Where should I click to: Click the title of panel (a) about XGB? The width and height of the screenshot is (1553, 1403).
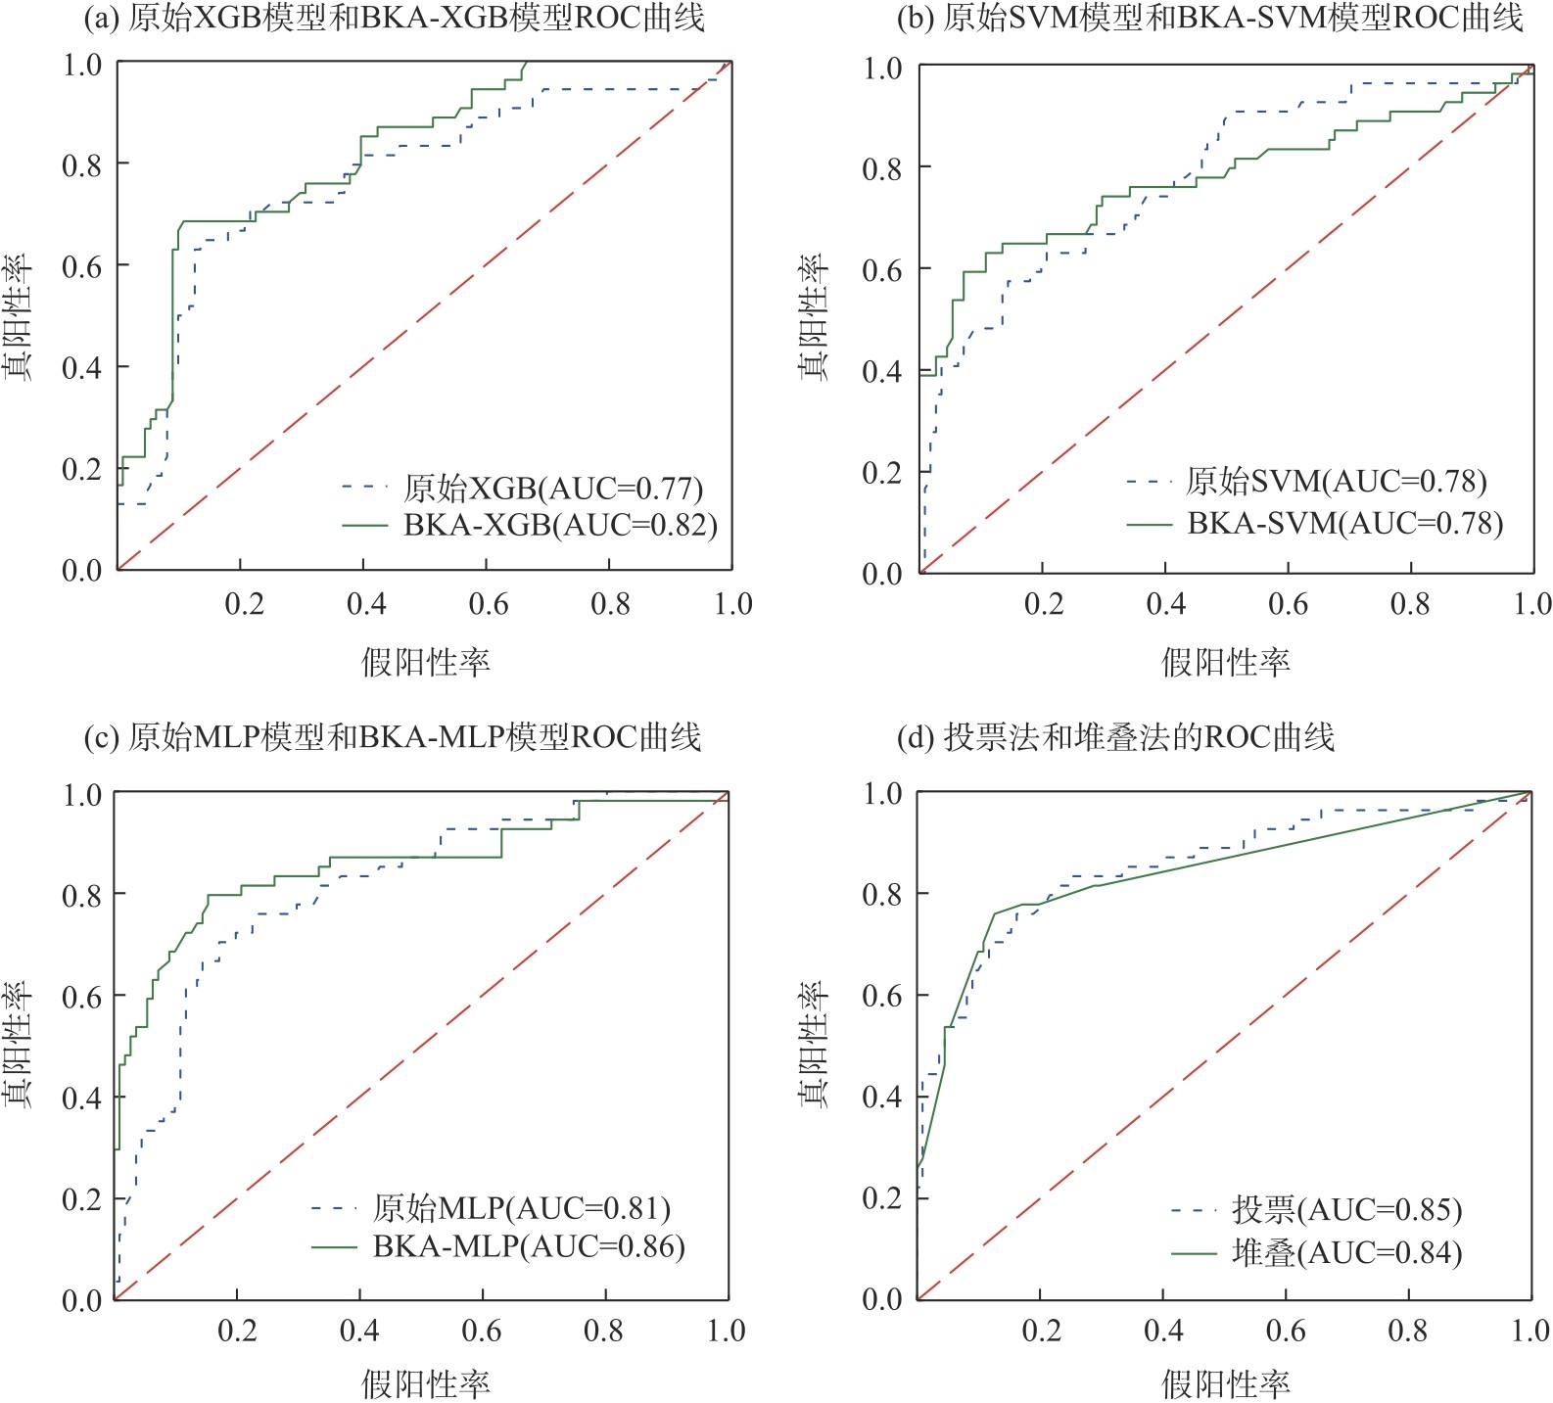[x=394, y=18]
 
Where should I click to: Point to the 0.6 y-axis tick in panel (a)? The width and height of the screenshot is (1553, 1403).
[x=82, y=266]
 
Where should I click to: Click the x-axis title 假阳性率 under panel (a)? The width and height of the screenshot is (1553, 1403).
[x=425, y=663]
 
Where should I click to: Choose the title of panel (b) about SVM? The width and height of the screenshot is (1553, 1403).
[x=1209, y=18]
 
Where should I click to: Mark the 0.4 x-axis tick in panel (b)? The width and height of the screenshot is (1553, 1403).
[x=1165, y=603]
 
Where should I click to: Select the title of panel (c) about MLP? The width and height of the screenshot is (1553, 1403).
[x=393, y=737]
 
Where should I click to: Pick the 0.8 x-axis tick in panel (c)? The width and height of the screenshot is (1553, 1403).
[x=604, y=1331]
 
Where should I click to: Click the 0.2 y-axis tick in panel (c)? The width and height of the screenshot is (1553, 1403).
[x=82, y=1199]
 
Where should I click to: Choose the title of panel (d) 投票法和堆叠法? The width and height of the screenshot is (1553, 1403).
[x=1115, y=737]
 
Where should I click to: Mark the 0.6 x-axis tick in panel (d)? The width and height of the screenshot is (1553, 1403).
[x=1286, y=1331]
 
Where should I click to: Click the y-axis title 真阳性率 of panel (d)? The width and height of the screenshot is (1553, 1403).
[x=814, y=1044]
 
